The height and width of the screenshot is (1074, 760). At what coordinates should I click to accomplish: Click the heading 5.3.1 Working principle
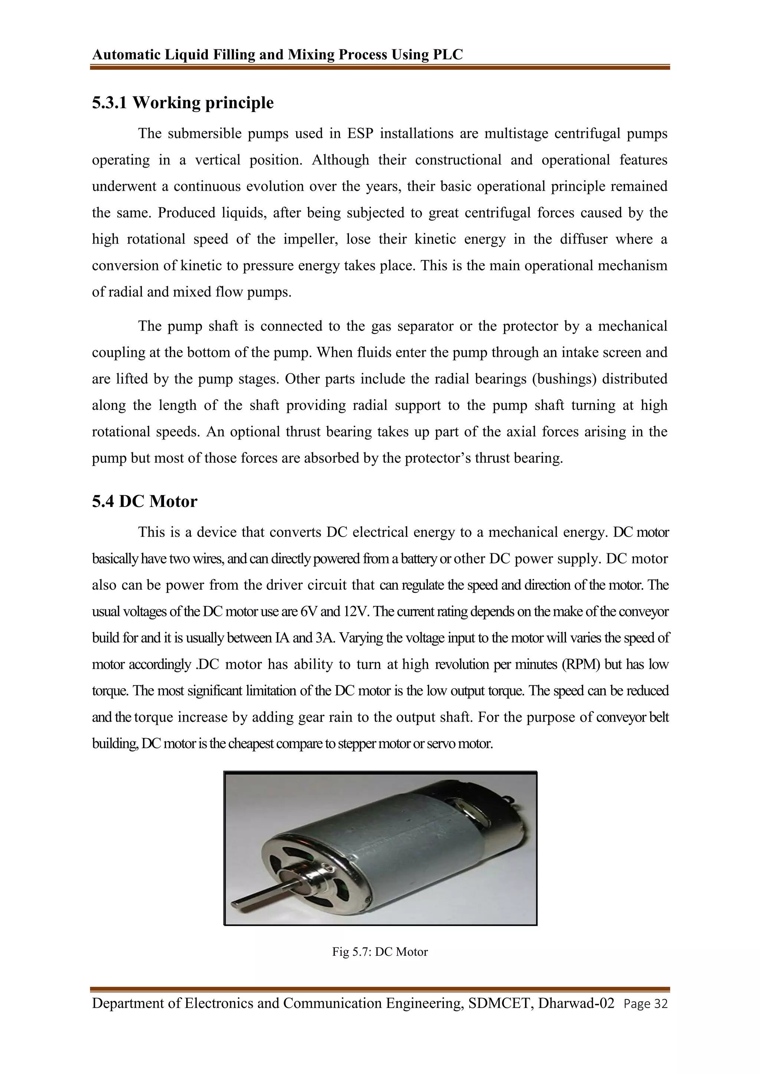[183, 102]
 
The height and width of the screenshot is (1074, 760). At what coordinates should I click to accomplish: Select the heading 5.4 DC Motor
[145, 501]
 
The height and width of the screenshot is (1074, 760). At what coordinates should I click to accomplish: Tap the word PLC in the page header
[448, 55]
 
